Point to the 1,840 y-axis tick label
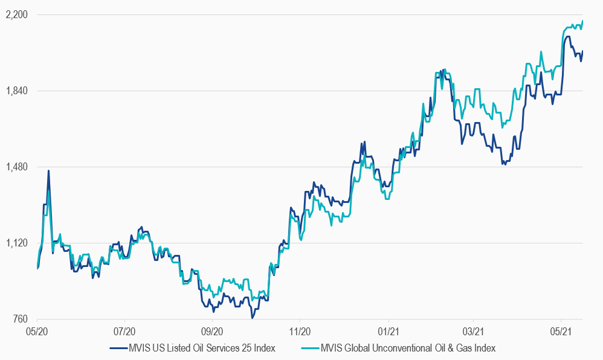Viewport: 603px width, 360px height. point(16,91)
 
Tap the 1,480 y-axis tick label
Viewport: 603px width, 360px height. point(16,167)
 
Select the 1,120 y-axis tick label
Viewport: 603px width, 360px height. point(16,243)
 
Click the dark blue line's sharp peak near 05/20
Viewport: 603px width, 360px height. point(48,171)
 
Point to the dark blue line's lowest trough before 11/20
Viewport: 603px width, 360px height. point(252,318)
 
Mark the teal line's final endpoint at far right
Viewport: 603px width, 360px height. point(582,21)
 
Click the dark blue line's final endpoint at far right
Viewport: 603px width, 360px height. point(582,51)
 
